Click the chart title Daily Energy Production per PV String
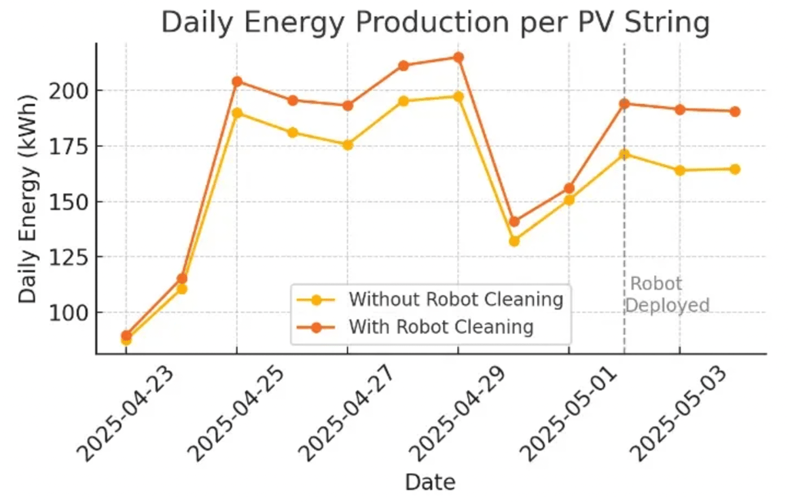click(x=435, y=23)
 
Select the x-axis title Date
click(x=430, y=483)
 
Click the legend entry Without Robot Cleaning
click(x=456, y=299)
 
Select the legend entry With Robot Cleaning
click(x=441, y=326)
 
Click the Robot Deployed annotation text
click(x=666, y=295)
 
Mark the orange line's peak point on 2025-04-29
click(x=458, y=57)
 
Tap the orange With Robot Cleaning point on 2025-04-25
click(x=237, y=82)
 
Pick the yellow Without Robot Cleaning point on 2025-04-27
click(x=348, y=145)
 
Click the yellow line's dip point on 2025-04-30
click(x=514, y=241)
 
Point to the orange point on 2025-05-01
click(x=569, y=188)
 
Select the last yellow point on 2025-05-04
click(x=735, y=169)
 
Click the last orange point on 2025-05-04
click(x=735, y=112)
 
